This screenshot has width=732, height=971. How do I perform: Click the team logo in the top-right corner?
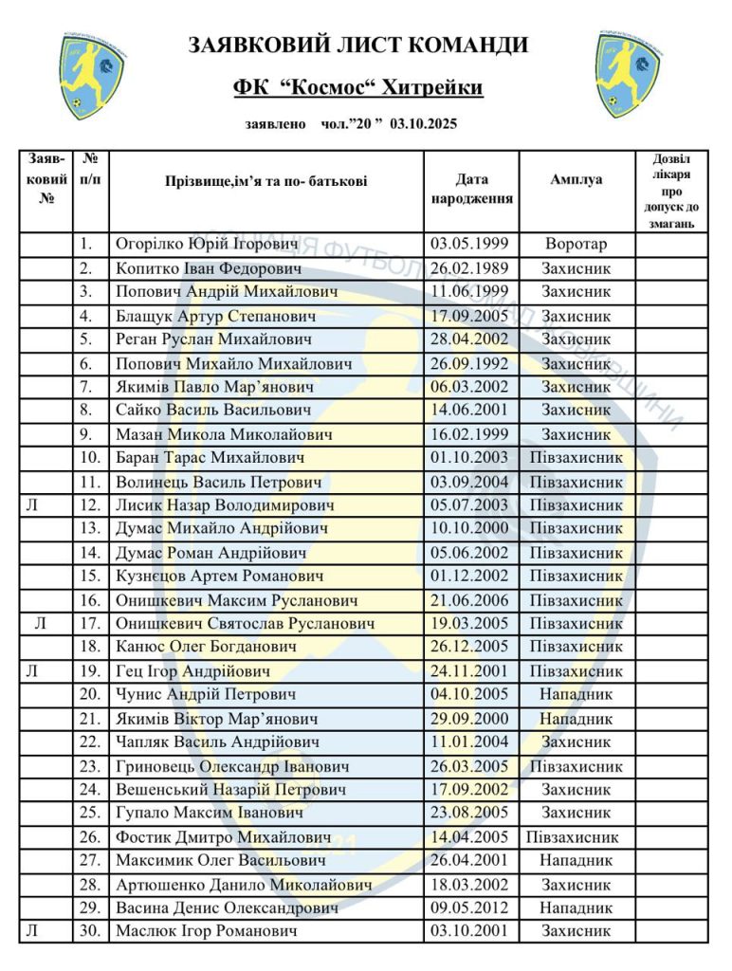(x=631, y=75)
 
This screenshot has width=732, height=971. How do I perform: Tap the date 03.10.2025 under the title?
(x=424, y=124)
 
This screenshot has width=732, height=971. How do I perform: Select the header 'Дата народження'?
(x=471, y=189)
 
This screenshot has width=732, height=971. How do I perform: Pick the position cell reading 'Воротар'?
(x=576, y=245)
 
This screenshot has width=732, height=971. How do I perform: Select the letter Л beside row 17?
(x=39, y=624)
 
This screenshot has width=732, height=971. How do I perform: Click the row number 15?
(x=91, y=577)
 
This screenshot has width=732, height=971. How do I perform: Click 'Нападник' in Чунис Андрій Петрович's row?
(x=576, y=695)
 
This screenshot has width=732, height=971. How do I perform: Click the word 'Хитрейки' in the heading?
(x=431, y=88)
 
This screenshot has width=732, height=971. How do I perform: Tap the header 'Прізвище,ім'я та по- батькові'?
(x=265, y=180)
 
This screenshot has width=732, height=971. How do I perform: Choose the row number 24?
(x=91, y=790)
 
